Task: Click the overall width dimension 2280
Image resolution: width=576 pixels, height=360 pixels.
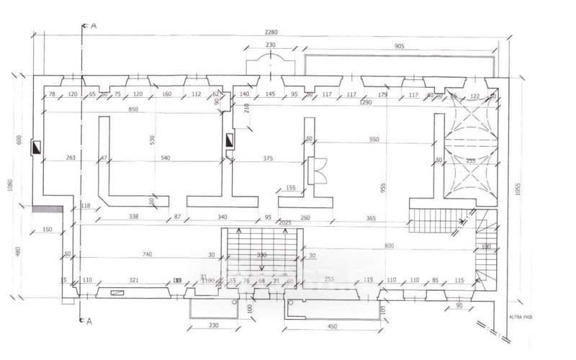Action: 271,32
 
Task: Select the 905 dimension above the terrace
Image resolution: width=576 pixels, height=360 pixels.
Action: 400,45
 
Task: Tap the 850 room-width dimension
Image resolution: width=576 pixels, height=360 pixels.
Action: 132,109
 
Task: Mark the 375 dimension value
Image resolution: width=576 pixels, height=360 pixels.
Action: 268,158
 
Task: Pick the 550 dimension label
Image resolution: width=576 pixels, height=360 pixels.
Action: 373,139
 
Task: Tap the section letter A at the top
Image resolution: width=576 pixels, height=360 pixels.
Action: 93,24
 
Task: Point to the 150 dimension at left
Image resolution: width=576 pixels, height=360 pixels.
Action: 48,229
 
